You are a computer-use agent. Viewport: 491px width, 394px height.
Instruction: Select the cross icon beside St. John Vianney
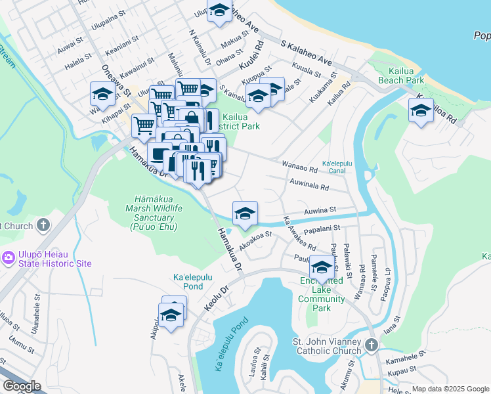coord(371,345)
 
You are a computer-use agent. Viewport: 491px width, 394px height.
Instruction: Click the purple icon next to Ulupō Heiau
coord(8,257)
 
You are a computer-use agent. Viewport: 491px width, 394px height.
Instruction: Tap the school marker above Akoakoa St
coord(245,213)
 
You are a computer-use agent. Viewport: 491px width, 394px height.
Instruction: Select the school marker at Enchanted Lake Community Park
coord(322,267)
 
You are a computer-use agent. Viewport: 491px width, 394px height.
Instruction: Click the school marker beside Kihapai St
coord(103,95)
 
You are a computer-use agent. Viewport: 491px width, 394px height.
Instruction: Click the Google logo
coord(22,386)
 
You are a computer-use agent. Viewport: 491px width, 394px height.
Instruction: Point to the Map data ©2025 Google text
coord(450,389)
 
